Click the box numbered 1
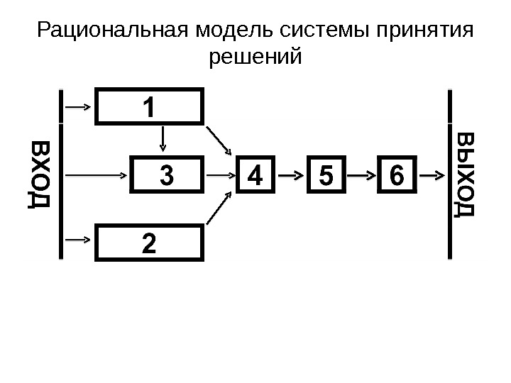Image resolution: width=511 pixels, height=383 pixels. point(149,106)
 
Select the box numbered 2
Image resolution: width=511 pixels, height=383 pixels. point(149,242)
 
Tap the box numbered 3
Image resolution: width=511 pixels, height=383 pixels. point(167,174)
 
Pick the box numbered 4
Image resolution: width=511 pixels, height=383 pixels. point(255,174)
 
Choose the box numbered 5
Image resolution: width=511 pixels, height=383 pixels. point(326,174)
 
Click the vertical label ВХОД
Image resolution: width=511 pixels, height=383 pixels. point(39,174)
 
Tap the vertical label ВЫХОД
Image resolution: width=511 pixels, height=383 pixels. point(466,174)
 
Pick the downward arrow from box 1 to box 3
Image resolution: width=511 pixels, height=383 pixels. point(163,139)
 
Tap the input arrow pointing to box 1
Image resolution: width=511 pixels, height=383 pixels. point(78,106)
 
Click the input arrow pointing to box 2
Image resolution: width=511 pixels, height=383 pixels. point(78,241)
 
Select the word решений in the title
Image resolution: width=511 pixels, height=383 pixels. point(256,55)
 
